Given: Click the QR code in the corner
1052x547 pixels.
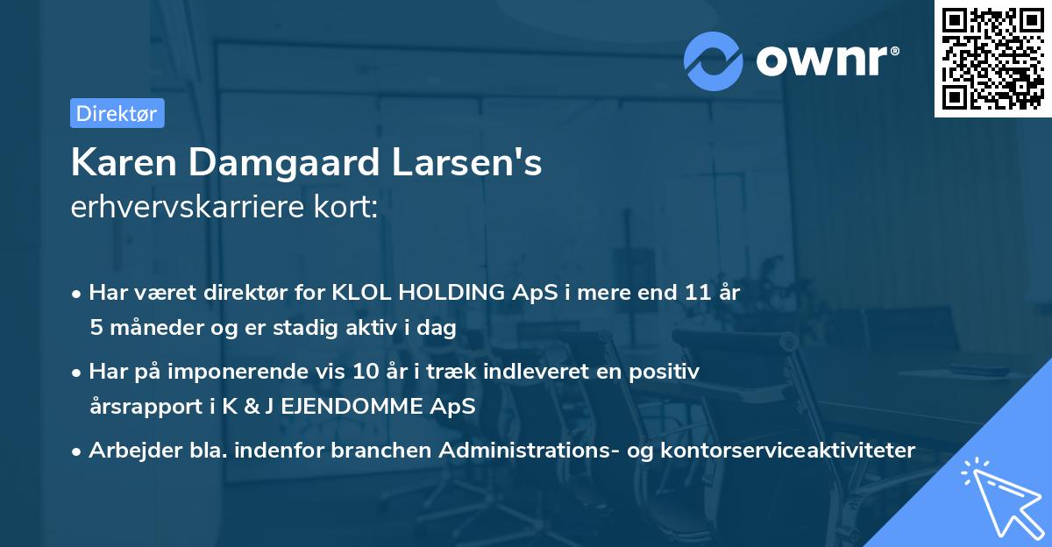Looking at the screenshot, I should point(992,59).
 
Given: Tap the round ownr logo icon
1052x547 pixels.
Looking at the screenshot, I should point(714,60).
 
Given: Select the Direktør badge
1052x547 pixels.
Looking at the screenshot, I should point(117,113).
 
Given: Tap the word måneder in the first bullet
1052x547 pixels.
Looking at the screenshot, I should point(150,328).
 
